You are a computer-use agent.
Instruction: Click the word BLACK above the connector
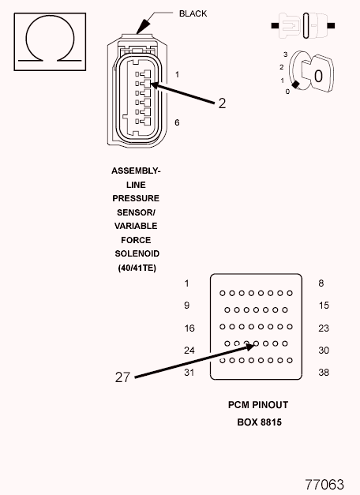(193, 13)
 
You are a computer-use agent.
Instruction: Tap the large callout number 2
(222, 103)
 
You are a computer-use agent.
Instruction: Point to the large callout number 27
(122, 377)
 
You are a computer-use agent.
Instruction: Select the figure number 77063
(324, 484)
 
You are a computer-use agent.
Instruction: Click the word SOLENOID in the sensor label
(137, 253)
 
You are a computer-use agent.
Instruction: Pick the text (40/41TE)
(137, 268)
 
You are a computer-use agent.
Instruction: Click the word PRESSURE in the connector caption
(136, 198)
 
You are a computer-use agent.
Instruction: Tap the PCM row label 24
(189, 351)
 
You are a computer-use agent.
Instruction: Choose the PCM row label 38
(324, 373)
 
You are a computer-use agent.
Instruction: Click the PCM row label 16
(189, 328)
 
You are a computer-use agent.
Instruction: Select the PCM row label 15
(324, 306)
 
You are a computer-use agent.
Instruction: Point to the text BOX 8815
(259, 422)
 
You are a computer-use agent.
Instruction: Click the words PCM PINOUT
(258, 405)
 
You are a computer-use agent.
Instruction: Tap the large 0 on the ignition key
(318, 76)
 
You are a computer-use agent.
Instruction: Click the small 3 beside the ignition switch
(286, 54)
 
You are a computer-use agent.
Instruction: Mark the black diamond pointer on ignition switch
(295, 84)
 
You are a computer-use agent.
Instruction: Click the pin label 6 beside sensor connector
(177, 122)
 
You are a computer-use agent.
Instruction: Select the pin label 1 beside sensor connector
(177, 74)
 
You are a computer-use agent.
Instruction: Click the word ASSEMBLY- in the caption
(136, 171)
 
